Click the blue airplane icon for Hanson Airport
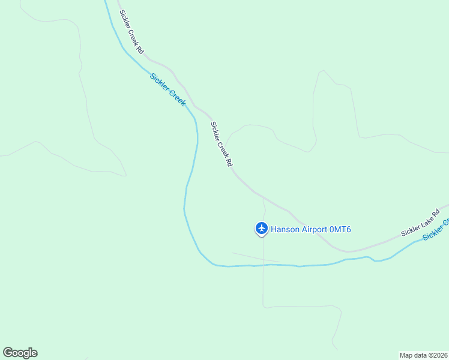click(x=261, y=228)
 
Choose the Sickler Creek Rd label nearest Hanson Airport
click(x=221, y=144)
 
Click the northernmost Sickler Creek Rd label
click(x=131, y=32)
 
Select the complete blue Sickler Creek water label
click(x=167, y=89)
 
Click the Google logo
click(x=20, y=353)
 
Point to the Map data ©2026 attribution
click(x=423, y=355)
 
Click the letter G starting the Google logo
click(x=8, y=353)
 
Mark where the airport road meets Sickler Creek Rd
click(x=262, y=196)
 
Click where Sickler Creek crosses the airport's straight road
click(x=263, y=265)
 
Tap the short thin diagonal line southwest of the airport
click(x=256, y=257)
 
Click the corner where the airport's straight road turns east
click(x=264, y=306)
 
